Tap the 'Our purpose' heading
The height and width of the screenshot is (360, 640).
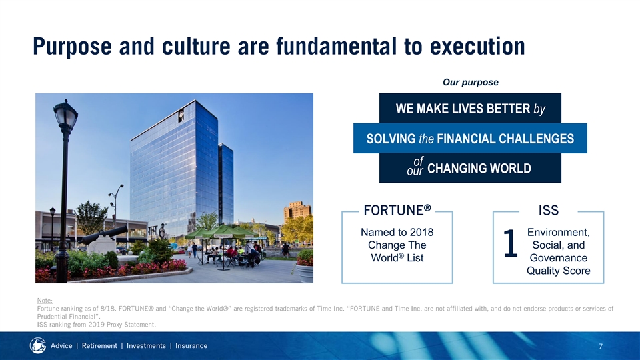pos(470,82)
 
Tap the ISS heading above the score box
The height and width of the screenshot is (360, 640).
pos(548,210)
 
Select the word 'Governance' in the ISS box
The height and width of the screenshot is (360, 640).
pos(559,258)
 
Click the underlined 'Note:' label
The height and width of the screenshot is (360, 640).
pos(45,301)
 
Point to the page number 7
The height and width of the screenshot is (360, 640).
pos(601,347)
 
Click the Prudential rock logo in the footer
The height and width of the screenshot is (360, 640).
pos(38,345)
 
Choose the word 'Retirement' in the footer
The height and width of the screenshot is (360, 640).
pos(99,346)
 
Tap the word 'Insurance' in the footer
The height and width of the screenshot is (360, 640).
pos(191,346)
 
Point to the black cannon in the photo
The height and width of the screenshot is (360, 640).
pos(103,235)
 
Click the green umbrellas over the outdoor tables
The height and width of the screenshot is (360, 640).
pos(221,233)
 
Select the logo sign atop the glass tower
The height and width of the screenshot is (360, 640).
pos(181,116)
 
